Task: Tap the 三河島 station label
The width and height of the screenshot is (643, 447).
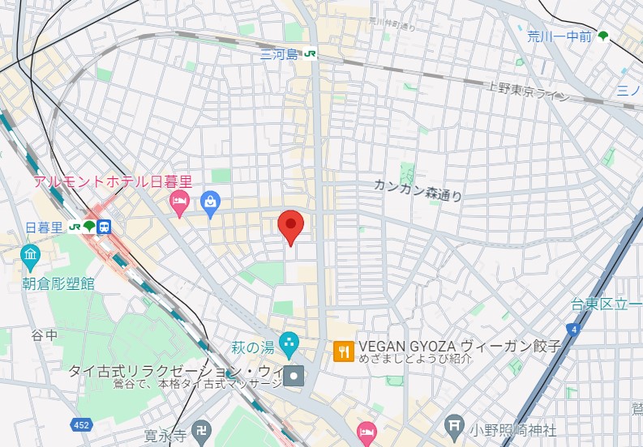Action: [x=280, y=55]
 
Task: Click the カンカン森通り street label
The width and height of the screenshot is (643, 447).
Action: [x=418, y=189]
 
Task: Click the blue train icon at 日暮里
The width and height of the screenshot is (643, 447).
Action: [x=105, y=227]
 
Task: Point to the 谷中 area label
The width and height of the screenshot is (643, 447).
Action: [x=45, y=334]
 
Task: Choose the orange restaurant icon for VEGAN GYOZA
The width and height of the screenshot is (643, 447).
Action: [x=343, y=351]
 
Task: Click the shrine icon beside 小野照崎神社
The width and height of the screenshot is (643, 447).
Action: [x=456, y=425]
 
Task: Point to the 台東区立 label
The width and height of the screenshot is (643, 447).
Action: [x=605, y=304]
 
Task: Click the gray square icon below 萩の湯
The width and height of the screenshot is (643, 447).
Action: [x=294, y=375]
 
